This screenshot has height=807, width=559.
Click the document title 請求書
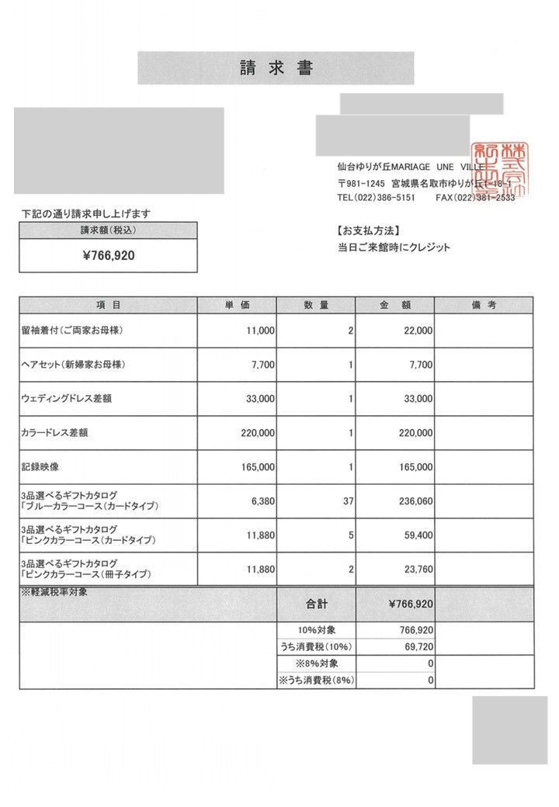tap(276, 68)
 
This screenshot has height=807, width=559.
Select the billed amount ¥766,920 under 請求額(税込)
tap(109, 255)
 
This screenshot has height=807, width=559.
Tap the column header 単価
tap(237, 305)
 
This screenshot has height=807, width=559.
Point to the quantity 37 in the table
tap(348, 501)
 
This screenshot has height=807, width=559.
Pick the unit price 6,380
tap(259, 501)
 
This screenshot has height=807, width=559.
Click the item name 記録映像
tap(38, 467)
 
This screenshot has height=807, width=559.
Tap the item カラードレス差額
tap(54, 433)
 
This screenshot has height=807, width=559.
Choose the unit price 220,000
tap(253, 433)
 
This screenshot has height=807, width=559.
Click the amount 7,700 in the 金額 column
tap(419, 365)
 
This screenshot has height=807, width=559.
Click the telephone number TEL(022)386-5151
tap(377, 198)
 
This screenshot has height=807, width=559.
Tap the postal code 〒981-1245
tap(361, 183)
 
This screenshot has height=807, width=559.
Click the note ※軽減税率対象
tap(54, 593)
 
